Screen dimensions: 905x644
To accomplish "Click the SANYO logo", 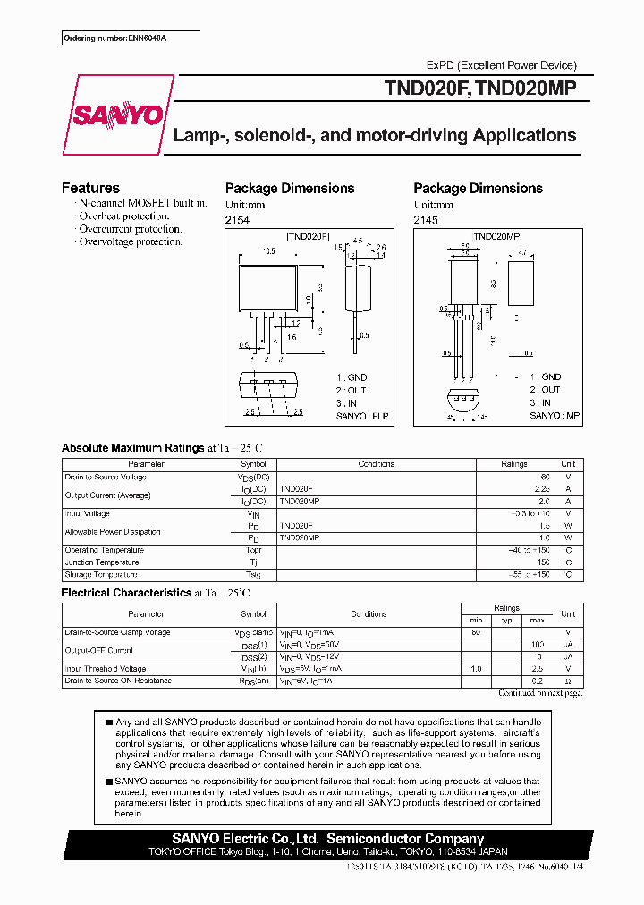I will [x=117, y=115].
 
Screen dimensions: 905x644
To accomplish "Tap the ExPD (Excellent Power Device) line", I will [x=501, y=65].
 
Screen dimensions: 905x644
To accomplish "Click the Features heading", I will [x=90, y=188].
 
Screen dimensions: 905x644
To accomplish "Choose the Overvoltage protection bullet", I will [x=130, y=241].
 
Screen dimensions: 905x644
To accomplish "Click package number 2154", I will [x=237, y=219].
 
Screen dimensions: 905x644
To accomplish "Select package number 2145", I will [x=426, y=219].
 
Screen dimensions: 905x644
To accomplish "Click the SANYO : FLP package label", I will [x=364, y=416].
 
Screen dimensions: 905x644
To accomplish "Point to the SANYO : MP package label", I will [x=555, y=416].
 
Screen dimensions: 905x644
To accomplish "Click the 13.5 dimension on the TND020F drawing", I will [x=267, y=251].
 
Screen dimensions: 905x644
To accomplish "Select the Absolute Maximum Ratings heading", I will [x=132, y=448].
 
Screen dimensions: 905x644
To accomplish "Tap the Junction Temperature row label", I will [x=101, y=562].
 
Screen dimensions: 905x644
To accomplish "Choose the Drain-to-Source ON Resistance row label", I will [x=118, y=681].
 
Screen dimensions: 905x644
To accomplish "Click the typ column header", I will [x=506, y=621].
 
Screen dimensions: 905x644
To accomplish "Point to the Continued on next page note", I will [x=540, y=693].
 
